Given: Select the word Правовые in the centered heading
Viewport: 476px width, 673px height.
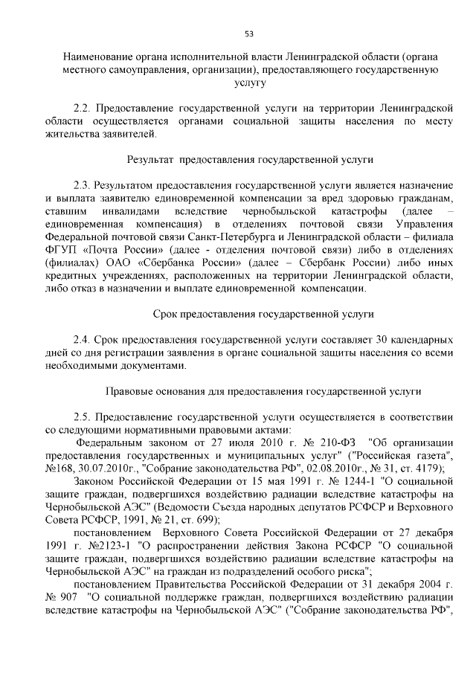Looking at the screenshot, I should point(130,390).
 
